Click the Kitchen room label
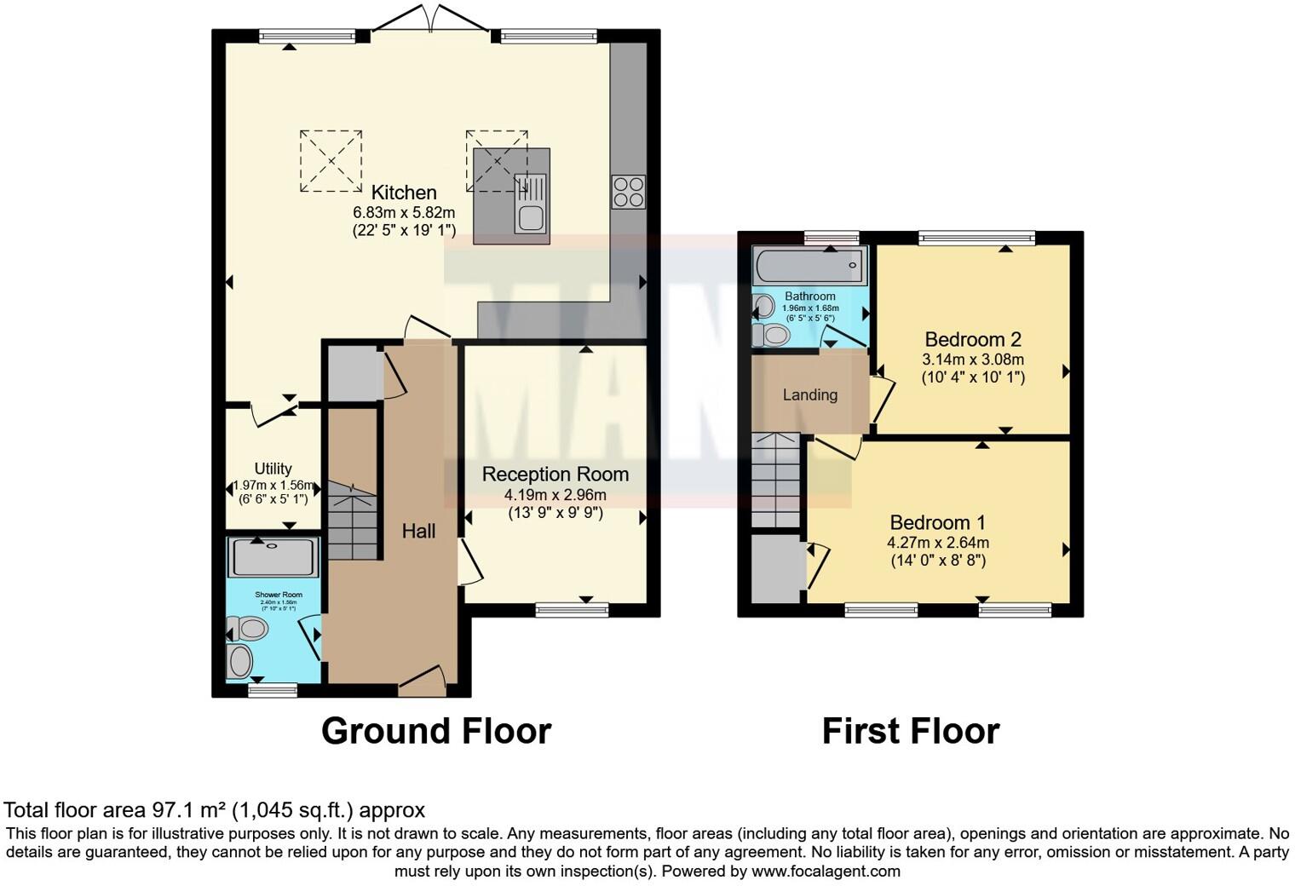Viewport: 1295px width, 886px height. pos(404,193)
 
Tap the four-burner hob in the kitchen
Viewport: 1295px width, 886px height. pos(628,192)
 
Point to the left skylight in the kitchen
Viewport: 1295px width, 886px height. pos(331,161)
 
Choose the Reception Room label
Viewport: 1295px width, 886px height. pos(555,475)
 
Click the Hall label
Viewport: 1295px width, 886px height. pos(418,532)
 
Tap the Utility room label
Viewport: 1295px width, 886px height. pos(273,469)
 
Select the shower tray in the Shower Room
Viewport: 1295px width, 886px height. pos(273,557)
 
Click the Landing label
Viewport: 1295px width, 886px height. pos(809,395)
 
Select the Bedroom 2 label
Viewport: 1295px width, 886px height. pos(973,339)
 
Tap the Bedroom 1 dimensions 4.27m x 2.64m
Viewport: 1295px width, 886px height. pos(937,543)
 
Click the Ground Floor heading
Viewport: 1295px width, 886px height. pos(436,731)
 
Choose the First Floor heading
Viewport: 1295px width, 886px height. pos(910,731)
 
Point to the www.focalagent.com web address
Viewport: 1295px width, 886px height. pos(826,872)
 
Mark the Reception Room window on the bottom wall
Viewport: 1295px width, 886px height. pos(573,609)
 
